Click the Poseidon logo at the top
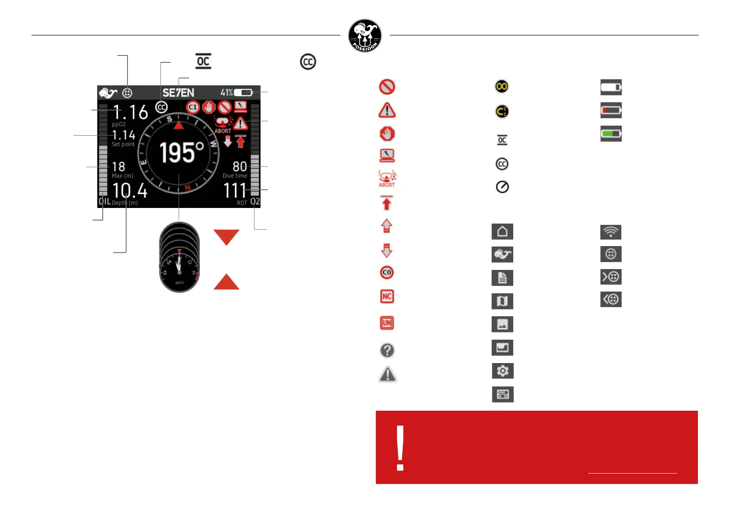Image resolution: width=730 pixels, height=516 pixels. [x=365, y=36]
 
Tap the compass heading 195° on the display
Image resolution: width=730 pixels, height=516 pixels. [x=181, y=152]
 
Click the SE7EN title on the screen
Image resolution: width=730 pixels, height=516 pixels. [x=178, y=93]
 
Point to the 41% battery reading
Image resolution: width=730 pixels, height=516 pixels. [x=226, y=93]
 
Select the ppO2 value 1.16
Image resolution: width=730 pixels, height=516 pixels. [x=130, y=112]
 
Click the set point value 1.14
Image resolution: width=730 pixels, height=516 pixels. [x=124, y=135]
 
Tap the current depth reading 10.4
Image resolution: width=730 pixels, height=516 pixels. [x=130, y=191]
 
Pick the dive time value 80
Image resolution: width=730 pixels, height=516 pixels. [x=240, y=167]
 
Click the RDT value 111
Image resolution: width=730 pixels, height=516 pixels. [x=235, y=191]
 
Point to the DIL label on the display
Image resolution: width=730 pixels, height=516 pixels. [x=105, y=201]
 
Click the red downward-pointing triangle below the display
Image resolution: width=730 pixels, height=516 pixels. [x=226, y=236]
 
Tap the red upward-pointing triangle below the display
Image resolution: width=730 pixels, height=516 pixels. [x=226, y=282]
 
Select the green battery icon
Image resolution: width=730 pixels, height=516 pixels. [x=611, y=134]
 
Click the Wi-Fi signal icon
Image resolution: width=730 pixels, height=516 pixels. [x=611, y=232]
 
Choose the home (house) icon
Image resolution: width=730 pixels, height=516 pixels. [x=502, y=231]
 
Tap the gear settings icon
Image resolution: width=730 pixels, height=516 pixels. [x=502, y=371]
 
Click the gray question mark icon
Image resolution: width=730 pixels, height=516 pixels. [x=387, y=350]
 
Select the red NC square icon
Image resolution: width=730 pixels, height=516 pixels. [x=387, y=297]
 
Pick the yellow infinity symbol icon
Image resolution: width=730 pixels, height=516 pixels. [x=502, y=87]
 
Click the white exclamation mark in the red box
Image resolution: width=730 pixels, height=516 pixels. [x=400, y=448]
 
